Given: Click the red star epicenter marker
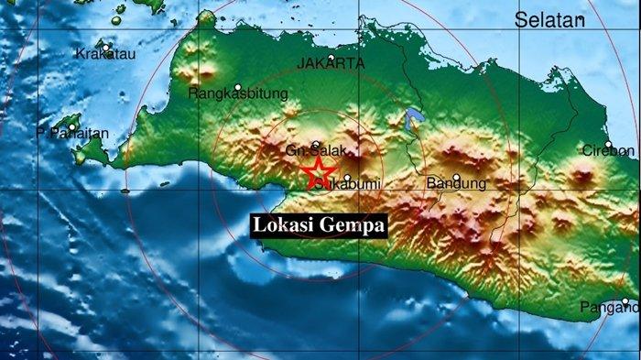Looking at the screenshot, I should pyautogui.click(x=318, y=171).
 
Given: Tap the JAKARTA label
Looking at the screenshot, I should pyautogui.click(x=331, y=63).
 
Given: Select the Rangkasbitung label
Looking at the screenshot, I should pyautogui.click(x=238, y=93).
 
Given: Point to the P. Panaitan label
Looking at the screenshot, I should pyautogui.click(x=72, y=134).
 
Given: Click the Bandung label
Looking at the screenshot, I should pyautogui.click(x=457, y=184).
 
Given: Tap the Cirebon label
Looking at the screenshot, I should pyautogui.click(x=608, y=150).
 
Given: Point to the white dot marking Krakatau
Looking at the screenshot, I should pyautogui.click(x=107, y=47).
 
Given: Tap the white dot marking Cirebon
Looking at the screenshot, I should pyautogui.click(x=608, y=144).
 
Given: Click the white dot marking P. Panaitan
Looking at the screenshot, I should pyautogui.click(x=71, y=126).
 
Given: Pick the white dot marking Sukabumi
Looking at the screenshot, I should pyautogui.click(x=347, y=178).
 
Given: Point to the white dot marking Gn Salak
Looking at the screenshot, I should pyautogui.click(x=316, y=144).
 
